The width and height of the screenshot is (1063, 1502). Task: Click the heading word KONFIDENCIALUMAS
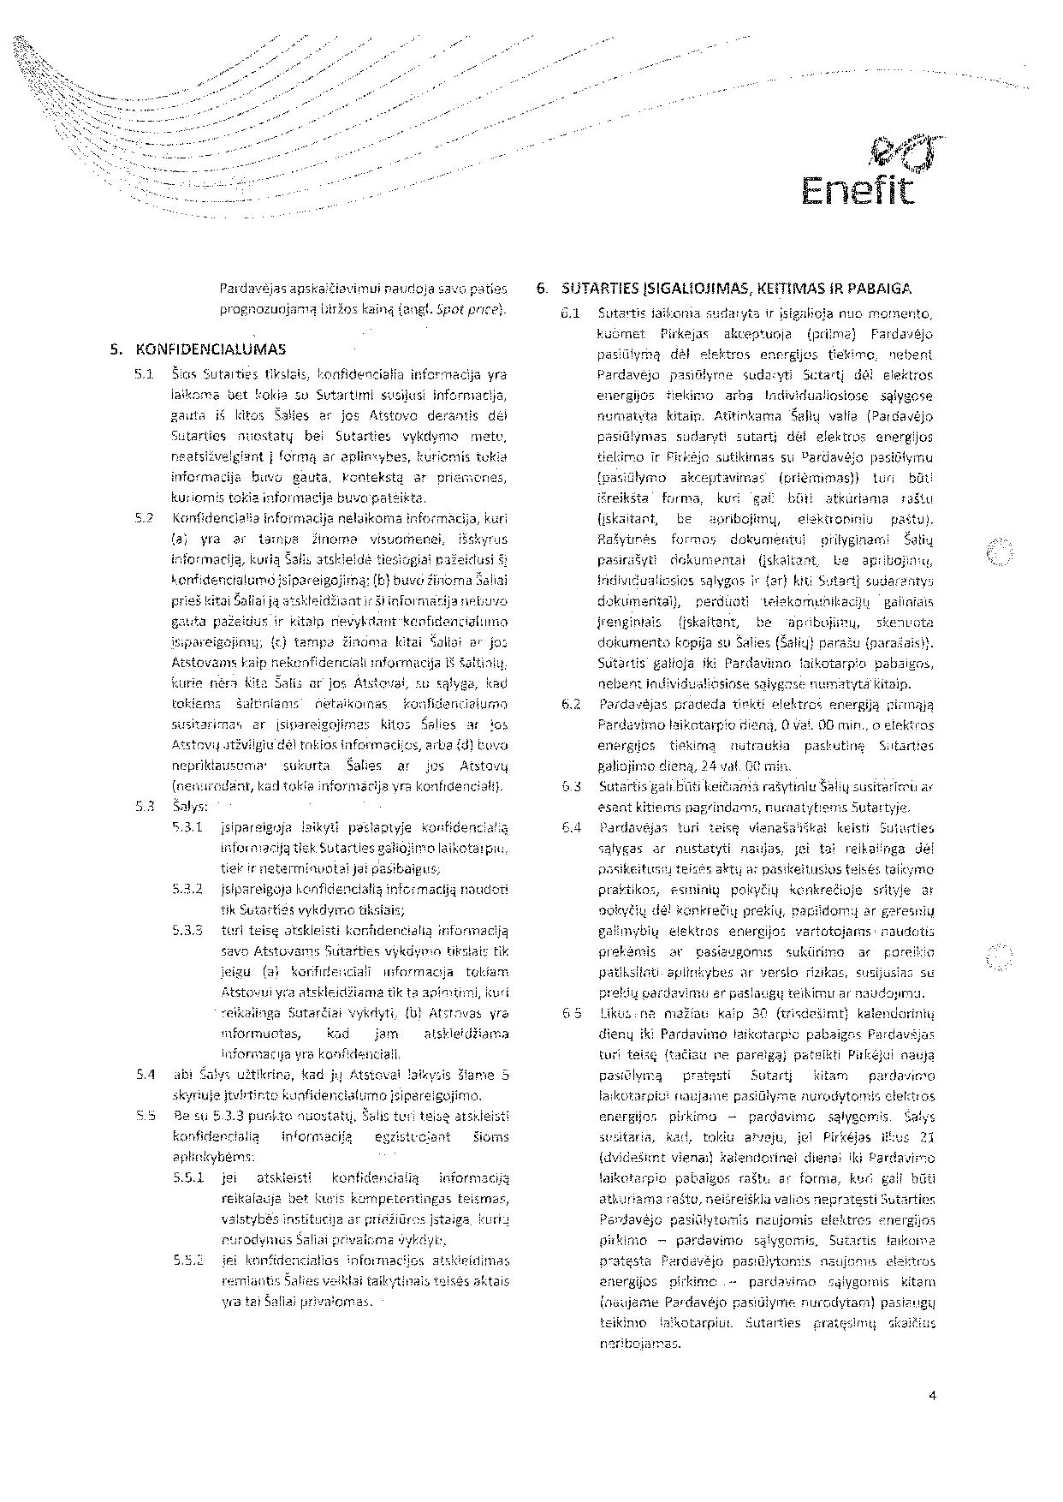click(211, 349)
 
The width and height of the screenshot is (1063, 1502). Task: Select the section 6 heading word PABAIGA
click(879, 289)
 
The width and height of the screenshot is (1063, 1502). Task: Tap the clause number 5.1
click(144, 374)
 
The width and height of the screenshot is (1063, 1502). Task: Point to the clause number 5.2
click(144, 518)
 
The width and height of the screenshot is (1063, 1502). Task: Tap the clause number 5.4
click(144, 1075)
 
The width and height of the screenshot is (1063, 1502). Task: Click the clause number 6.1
click(571, 313)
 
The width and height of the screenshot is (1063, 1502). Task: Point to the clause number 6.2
click(571, 704)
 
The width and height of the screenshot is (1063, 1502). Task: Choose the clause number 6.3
click(571, 786)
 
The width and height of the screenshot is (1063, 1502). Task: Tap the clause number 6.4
click(571, 827)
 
